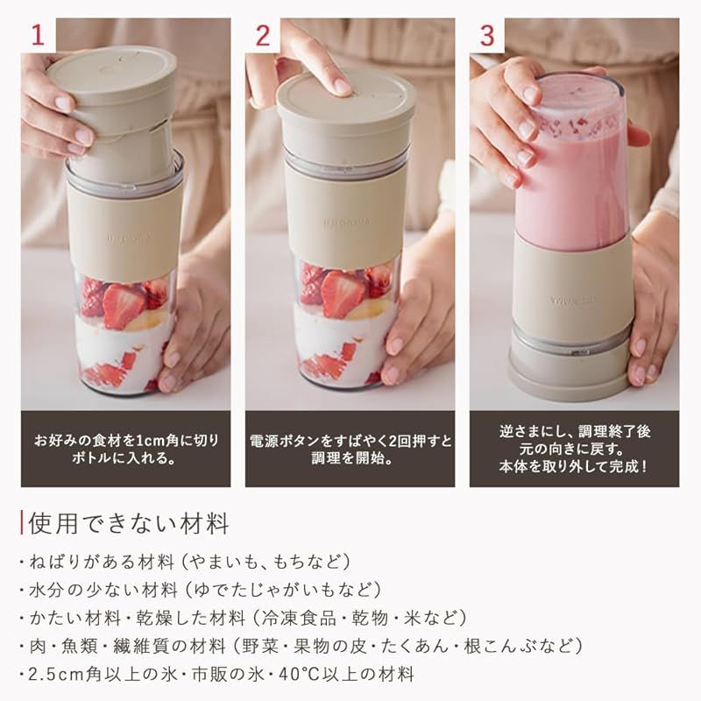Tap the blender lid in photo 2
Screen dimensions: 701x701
pos(346,105)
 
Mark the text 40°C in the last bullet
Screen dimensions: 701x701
pos(296,674)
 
